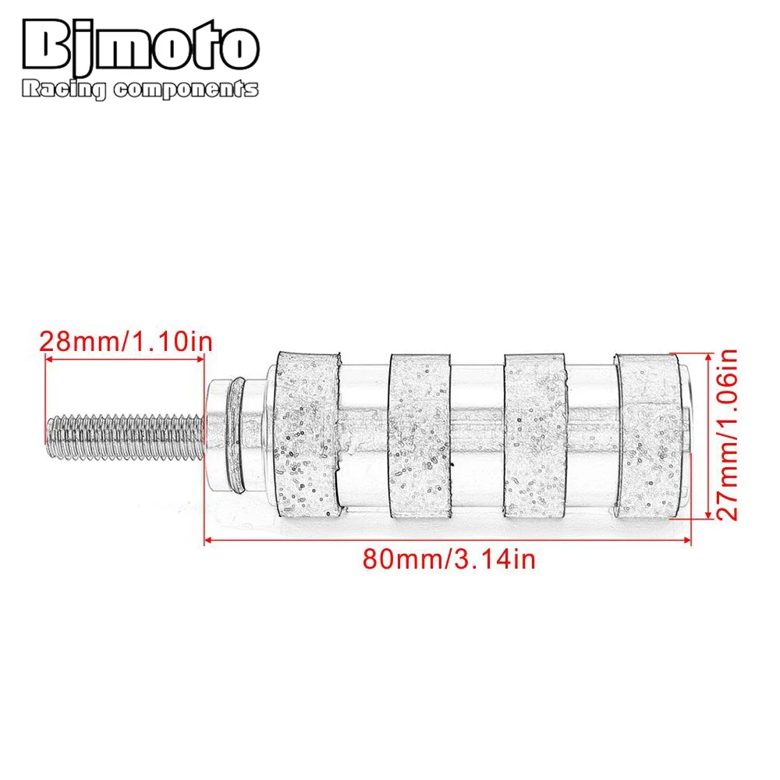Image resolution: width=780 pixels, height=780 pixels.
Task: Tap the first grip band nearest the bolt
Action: tap(307, 435)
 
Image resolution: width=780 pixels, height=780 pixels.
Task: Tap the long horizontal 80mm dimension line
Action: tap(448, 537)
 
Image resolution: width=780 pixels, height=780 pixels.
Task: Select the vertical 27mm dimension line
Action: tap(707, 435)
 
